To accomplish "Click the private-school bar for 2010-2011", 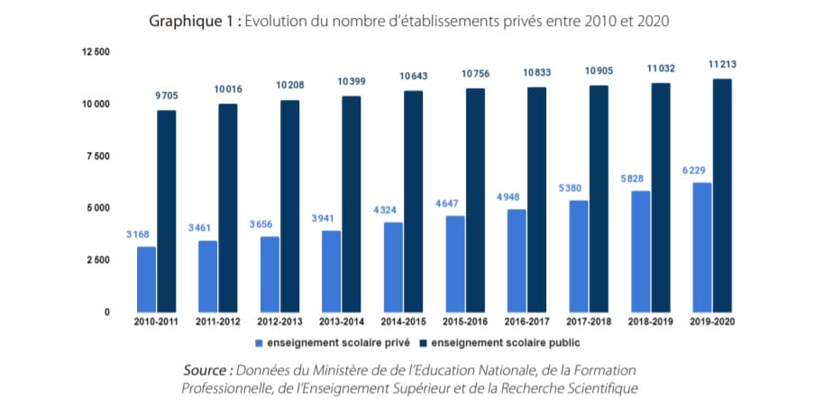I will tap(146, 279).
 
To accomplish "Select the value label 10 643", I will tap(414, 75).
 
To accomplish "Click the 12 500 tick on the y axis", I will tap(95, 52).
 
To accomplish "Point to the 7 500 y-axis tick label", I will tap(96, 156).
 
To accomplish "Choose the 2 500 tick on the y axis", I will tap(96, 260).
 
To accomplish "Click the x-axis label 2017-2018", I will tap(590, 322).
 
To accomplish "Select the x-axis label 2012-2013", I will tap(279, 322).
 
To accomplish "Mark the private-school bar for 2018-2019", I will tap(639, 251).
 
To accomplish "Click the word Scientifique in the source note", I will tap(596, 388).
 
